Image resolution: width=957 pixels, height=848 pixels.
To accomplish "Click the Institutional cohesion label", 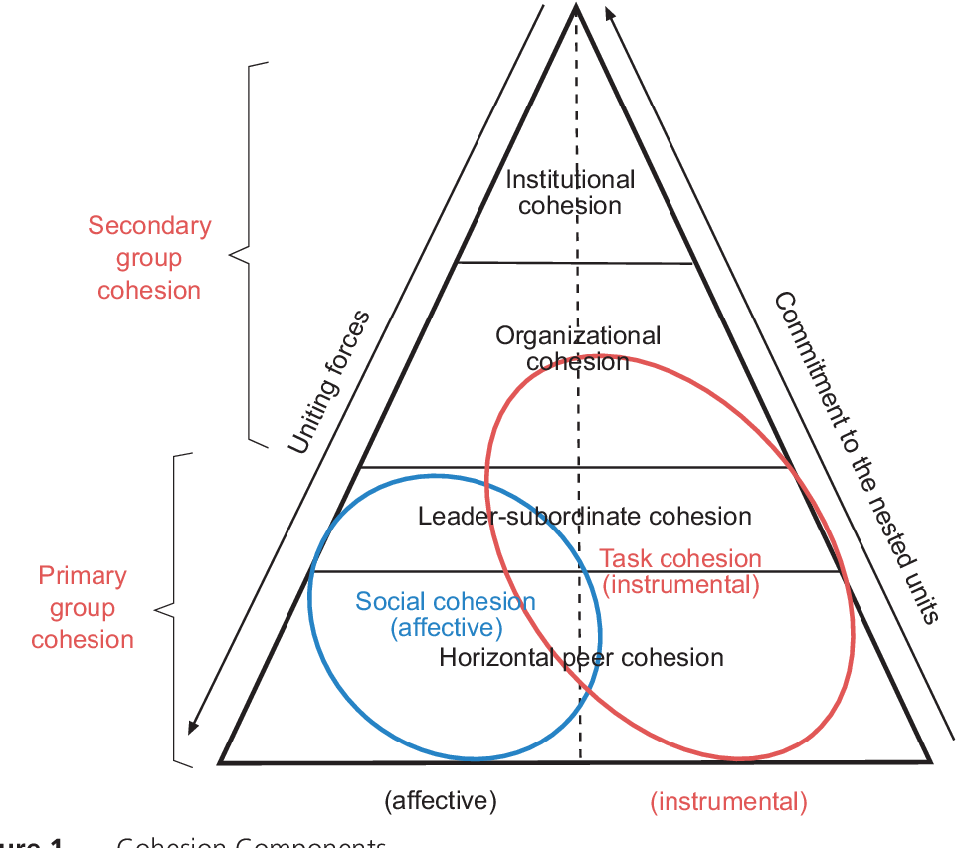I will (x=570, y=193).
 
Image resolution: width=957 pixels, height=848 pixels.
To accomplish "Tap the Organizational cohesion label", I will (x=578, y=348).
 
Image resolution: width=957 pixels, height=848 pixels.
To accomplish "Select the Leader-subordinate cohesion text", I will (x=584, y=516).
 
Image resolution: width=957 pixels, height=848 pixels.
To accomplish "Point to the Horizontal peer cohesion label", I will (x=581, y=657).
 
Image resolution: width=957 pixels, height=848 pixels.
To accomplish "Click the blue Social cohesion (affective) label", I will (x=446, y=614).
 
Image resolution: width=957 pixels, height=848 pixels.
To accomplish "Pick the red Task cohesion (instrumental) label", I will (x=681, y=571).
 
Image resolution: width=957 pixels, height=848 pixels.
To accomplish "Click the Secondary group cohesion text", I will (x=149, y=257).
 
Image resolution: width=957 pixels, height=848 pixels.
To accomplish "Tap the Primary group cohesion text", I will (x=83, y=607).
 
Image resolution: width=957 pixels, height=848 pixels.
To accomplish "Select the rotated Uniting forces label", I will (x=328, y=382).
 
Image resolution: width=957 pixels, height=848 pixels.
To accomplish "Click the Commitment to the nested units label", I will (x=856, y=456).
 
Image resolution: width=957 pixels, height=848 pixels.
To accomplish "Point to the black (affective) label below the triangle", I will (x=440, y=800).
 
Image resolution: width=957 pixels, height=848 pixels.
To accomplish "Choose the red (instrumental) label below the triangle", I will (x=728, y=801).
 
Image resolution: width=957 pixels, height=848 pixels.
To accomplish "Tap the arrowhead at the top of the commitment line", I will (x=609, y=12).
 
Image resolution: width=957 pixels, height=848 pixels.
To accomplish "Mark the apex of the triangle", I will (x=575, y=8).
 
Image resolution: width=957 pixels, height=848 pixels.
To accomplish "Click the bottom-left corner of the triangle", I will (x=221, y=762).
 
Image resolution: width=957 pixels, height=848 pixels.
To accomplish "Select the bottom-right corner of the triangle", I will (x=931, y=762).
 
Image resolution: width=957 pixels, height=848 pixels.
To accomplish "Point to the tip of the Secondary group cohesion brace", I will (x=231, y=254).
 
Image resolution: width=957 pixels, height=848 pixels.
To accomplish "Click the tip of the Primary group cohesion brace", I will (x=157, y=608).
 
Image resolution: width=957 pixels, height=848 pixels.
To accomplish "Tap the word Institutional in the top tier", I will (x=570, y=180).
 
